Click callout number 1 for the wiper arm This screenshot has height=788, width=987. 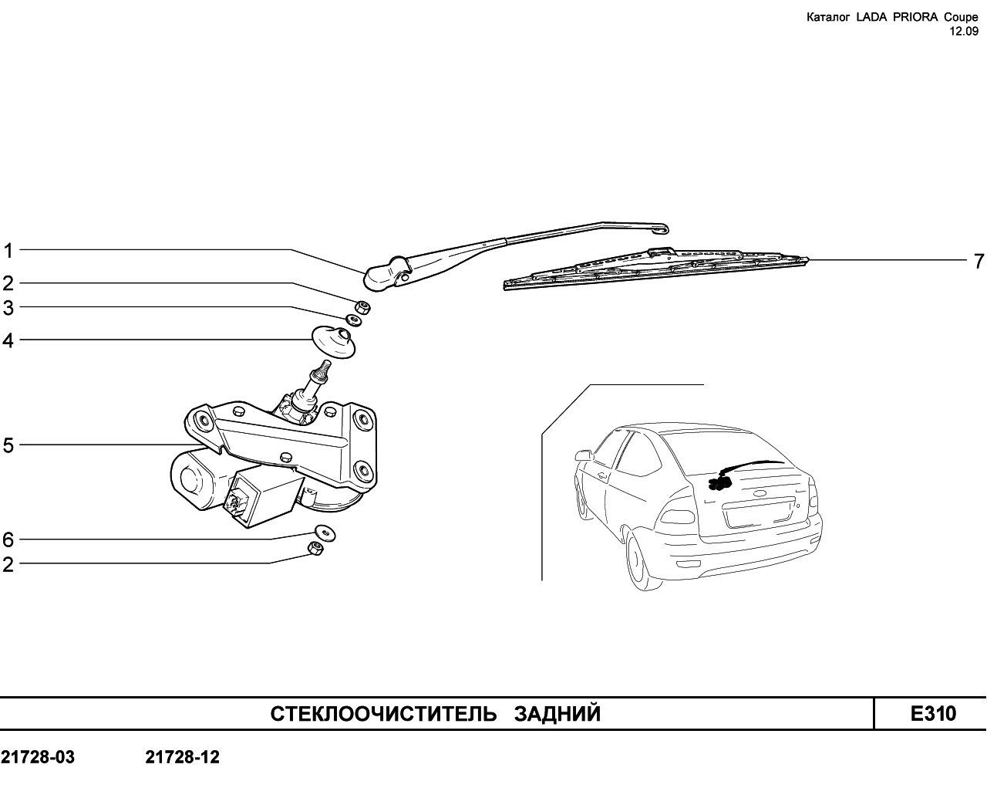pyautogui.click(x=8, y=251)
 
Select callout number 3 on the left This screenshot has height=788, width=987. pyautogui.click(x=8, y=308)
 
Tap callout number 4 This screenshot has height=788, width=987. pyautogui.click(x=8, y=340)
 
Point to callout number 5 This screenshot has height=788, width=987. pyautogui.click(x=8, y=445)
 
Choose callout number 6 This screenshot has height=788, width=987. pyautogui.click(x=8, y=539)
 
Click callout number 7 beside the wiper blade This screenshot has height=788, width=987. pyautogui.click(x=979, y=262)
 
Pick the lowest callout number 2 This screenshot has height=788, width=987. pyautogui.click(x=8, y=565)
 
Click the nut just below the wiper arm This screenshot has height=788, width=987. pyautogui.click(x=362, y=306)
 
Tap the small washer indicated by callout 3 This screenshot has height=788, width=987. pyautogui.click(x=353, y=320)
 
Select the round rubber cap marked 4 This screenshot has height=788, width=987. pyautogui.click(x=333, y=342)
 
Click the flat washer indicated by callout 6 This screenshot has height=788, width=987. pyautogui.click(x=325, y=533)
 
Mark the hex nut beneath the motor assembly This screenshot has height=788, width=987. pyautogui.click(x=315, y=548)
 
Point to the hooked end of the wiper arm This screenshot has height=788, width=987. pyautogui.click(x=661, y=228)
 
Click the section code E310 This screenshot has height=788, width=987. pyautogui.click(x=933, y=714)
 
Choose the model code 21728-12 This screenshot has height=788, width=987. pyautogui.click(x=183, y=757)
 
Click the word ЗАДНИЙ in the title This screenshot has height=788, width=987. pyautogui.click(x=558, y=714)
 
